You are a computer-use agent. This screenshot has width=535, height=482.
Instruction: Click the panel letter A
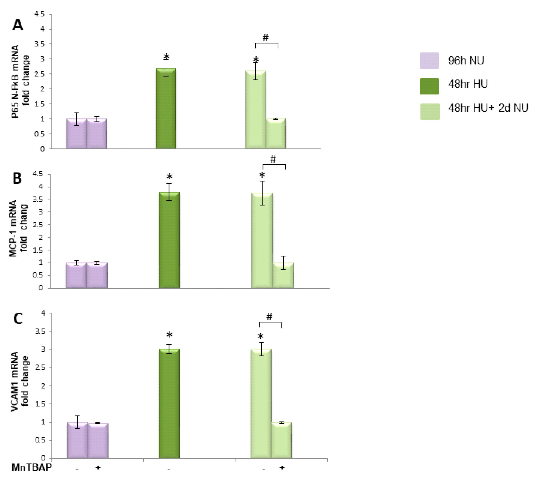click(18, 25)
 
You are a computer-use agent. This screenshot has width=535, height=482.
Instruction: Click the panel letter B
click(17, 178)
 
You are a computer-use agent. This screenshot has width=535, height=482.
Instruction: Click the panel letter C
click(18, 319)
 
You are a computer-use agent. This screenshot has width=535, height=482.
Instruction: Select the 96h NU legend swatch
click(429, 61)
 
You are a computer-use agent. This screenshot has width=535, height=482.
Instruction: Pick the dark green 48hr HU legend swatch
click(429, 86)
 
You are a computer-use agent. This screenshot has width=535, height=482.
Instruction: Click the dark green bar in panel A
click(166, 109)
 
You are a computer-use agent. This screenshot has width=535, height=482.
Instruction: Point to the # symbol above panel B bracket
click(273, 159)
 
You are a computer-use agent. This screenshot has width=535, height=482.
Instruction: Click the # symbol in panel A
click(265, 38)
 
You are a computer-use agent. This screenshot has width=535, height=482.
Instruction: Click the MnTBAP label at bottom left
click(32, 468)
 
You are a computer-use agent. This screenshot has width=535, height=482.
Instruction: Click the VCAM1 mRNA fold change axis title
click(20, 381)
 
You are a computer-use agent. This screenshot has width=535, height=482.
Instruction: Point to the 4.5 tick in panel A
click(39, 14)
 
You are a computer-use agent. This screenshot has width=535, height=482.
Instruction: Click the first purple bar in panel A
click(77, 134)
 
